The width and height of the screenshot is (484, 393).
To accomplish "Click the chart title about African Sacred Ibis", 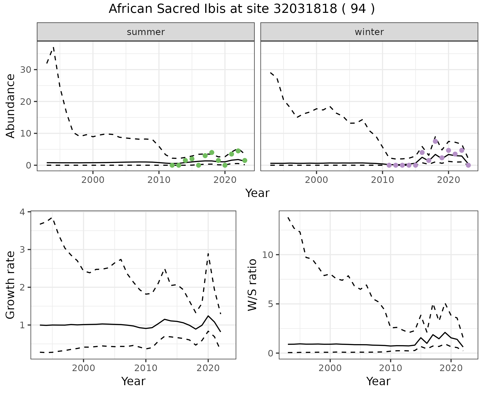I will pos(241,9).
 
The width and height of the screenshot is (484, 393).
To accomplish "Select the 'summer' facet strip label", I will pos(146,32).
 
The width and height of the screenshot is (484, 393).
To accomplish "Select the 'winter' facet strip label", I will pos(369,32).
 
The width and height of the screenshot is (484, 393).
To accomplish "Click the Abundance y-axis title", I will pos(11,106).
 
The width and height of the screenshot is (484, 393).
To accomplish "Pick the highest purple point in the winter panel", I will pos(435,141).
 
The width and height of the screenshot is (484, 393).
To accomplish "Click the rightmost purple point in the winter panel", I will pos(468,165).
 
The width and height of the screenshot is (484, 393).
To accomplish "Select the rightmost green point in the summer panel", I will pos(245,160).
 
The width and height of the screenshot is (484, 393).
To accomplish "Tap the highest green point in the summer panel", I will pos(238,151).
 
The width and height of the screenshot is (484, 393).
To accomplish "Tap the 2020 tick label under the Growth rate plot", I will pos(208,368).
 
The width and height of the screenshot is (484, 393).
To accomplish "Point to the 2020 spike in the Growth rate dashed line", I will pos(208,253).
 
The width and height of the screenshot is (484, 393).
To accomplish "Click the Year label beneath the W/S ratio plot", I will pos(378,381).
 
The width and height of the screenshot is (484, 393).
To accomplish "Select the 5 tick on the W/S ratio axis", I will pos(270,304).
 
